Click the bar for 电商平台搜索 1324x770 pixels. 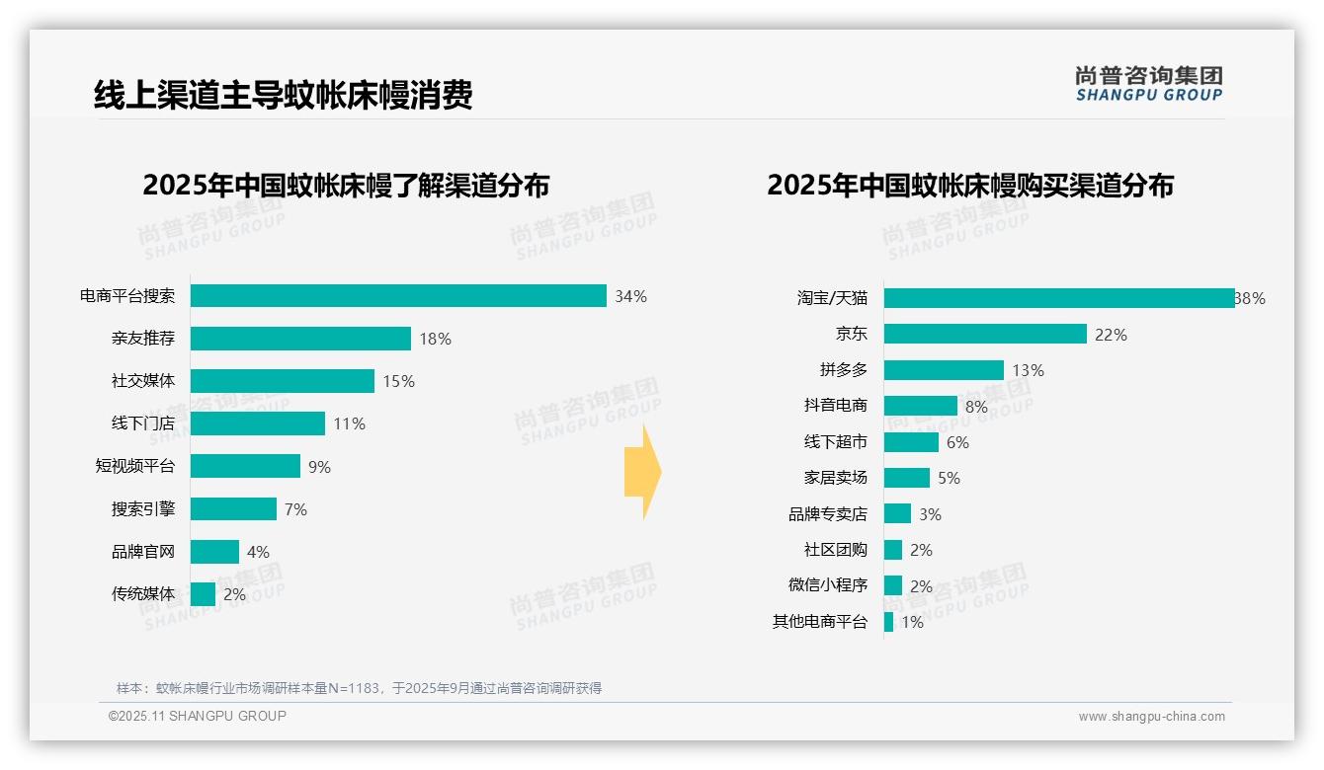[398, 296]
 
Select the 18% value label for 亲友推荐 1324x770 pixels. [435, 339]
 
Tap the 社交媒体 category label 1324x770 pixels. [143, 381]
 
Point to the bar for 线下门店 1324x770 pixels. [258, 423]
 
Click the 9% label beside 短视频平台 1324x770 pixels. [319, 467]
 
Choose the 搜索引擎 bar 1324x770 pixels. [233, 509]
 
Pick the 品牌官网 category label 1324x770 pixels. [143, 552]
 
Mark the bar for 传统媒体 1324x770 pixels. [203, 594]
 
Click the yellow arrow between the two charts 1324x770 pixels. [642, 472]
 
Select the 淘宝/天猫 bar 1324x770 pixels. [1059, 298]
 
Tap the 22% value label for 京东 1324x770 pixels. [1111, 335]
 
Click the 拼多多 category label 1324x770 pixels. [843, 370]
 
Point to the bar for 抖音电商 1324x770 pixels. [921, 406]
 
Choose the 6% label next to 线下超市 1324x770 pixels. [957, 442]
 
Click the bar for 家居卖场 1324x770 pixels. [907, 478]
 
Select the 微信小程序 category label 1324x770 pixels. [828, 585]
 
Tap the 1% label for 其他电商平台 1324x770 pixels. [912, 622]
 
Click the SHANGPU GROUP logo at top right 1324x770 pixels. [1148, 84]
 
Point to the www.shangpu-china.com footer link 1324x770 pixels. [1151, 717]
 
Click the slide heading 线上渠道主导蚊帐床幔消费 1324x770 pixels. [284, 95]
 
